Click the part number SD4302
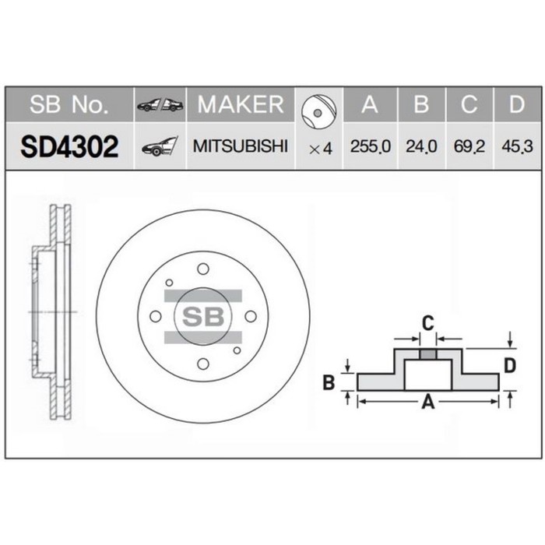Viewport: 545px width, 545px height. click(70, 146)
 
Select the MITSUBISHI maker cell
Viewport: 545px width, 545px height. click(240, 146)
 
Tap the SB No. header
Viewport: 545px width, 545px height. click(69, 104)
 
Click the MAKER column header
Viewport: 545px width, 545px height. click(240, 104)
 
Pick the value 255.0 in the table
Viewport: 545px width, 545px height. click(371, 146)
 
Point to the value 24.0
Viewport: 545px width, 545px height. click(420, 146)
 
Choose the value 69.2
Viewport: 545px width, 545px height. click(469, 146)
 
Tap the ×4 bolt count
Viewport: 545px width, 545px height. click(320, 147)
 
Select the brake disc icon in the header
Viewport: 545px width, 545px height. click(320, 107)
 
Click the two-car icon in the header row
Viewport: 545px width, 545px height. click(160, 105)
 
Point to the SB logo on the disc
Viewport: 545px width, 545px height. click(202, 316)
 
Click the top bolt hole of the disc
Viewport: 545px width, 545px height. click(203, 269)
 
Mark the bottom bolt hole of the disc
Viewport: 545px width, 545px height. click(203, 364)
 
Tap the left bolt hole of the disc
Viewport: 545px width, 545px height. click(156, 316)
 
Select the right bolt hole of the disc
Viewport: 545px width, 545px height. click(251, 316)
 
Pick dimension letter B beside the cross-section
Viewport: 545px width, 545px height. click(329, 381)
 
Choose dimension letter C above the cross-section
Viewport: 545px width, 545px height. click(427, 322)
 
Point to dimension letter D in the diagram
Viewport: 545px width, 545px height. click(510, 365)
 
